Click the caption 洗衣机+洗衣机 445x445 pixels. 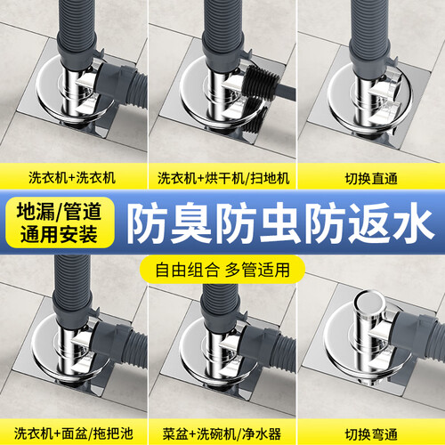[72, 178]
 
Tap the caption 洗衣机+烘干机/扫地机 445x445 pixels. [223, 178]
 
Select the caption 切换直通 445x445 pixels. [371, 179]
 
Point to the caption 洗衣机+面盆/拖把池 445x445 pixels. [73, 433]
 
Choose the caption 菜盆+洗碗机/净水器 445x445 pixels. [222, 434]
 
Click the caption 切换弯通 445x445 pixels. [371, 434]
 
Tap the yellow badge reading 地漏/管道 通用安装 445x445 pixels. [60, 222]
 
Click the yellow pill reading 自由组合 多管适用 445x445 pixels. [222, 270]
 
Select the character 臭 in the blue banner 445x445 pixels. [191, 224]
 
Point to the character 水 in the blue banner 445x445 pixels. [412, 224]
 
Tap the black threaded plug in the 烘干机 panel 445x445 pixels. [261, 82]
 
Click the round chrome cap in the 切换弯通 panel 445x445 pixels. [371, 305]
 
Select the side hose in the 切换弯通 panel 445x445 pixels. [421, 332]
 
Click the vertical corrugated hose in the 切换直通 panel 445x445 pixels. [369, 29]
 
